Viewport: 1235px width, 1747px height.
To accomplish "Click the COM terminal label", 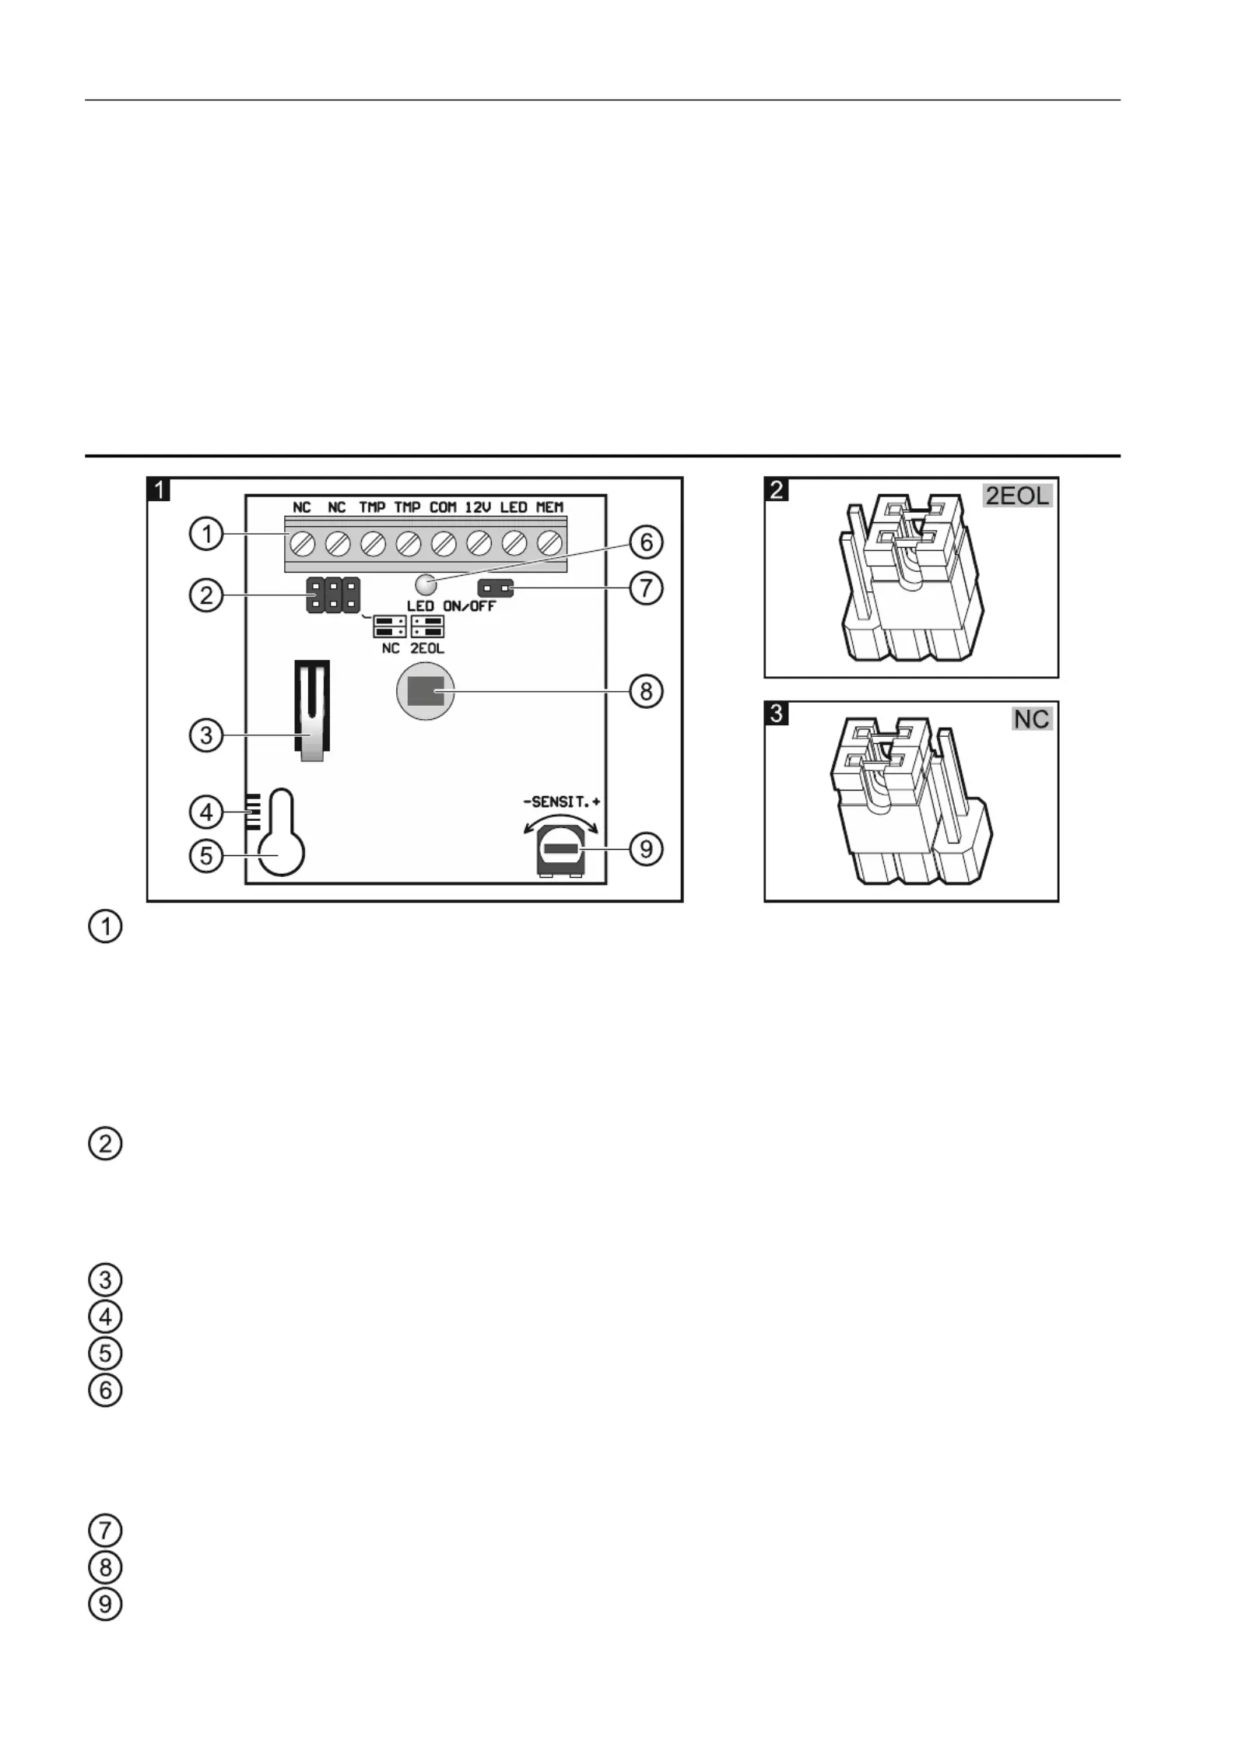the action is pyautogui.click(x=443, y=507).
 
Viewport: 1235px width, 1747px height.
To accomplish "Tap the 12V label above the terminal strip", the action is pyautogui.click(x=479, y=507).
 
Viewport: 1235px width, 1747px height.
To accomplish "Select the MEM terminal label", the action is pyautogui.click(x=549, y=507).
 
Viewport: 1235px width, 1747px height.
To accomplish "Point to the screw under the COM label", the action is pyautogui.click(x=444, y=542).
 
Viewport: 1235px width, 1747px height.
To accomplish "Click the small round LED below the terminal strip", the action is pyautogui.click(x=426, y=584).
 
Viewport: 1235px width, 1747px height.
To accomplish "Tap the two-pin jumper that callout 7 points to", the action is pyautogui.click(x=496, y=588).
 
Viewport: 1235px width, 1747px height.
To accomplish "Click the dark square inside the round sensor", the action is pyautogui.click(x=426, y=691).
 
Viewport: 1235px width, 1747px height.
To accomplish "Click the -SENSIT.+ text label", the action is pyautogui.click(x=561, y=802).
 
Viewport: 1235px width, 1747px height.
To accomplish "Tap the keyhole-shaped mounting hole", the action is pyautogui.click(x=281, y=832).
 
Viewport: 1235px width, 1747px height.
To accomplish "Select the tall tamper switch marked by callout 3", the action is pyautogui.click(x=312, y=710).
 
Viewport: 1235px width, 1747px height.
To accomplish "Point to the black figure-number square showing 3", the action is pyautogui.click(x=777, y=713).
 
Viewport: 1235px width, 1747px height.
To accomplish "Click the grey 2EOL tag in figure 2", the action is pyautogui.click(x=1018, y=495).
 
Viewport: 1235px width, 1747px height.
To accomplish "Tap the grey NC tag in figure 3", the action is pyautogui.click(x=1032, y=718).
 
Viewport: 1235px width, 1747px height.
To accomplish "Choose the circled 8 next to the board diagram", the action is pyautogui.click(x=646, y=691).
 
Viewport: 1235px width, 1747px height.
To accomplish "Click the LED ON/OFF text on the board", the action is pyautogui.click(x=451, y=606).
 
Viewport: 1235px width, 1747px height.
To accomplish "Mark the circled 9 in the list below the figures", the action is pyautogui.click(x=106, y=1604).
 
